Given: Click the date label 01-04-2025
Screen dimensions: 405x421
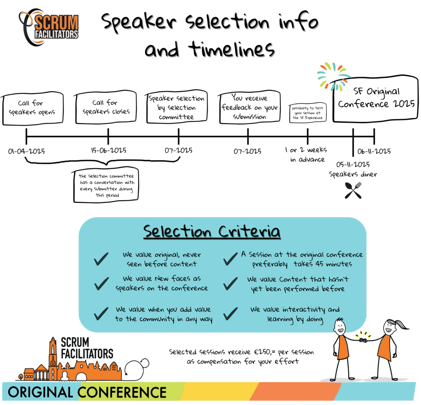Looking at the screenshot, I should [x=26, y=151].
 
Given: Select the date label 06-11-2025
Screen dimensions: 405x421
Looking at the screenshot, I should [x=374, y=151].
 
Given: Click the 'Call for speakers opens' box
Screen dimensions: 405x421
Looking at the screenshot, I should [x=33, y=108].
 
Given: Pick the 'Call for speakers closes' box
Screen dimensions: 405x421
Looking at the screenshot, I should [x=106, y=107].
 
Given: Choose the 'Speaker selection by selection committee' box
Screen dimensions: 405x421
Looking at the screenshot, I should [x=176, y=108].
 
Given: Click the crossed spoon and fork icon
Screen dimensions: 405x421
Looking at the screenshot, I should [x=353, y=190].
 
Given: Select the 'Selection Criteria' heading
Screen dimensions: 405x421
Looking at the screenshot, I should [x=212, y=232].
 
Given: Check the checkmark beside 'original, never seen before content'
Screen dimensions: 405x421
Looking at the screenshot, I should [x=101, y=259].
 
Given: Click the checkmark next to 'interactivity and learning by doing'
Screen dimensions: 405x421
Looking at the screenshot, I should [x=231, y=314].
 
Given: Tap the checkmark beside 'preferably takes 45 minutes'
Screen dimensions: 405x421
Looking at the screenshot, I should [x=231, y=259].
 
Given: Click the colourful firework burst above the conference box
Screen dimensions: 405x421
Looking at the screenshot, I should [x=333, y=75].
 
